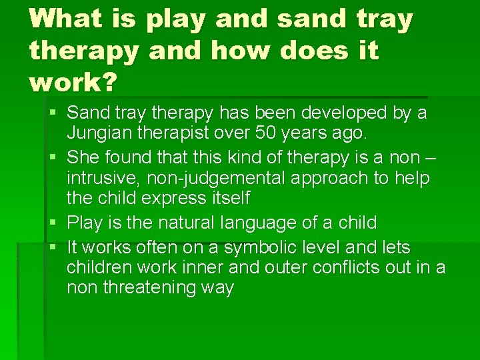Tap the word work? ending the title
point(73,82)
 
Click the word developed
point(339,113)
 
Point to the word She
point(83,157)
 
